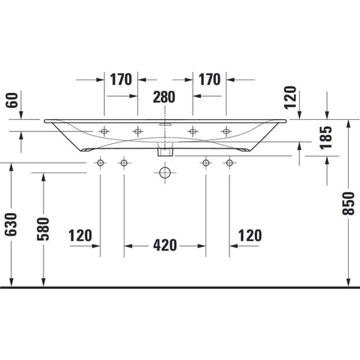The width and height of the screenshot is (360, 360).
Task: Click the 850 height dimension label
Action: click(x=348, y=203)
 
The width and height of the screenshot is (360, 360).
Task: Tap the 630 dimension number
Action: click(x=11, y=224)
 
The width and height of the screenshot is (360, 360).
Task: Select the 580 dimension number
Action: click(x=43, y=229)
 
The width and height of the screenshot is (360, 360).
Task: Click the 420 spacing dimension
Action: click(x=165, y=245)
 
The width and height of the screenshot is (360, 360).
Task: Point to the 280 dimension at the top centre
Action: click(x=164, y=97)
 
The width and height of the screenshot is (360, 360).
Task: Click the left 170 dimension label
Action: click(x=121, y=79)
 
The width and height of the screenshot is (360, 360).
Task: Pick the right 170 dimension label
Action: click(x=209, y=79)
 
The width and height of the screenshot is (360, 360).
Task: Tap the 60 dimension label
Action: click(x=12, y=100)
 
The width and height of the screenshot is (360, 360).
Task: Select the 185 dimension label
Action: click(x=326, y=138)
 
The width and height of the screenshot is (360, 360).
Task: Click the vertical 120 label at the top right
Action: click(x=290, y=97)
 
